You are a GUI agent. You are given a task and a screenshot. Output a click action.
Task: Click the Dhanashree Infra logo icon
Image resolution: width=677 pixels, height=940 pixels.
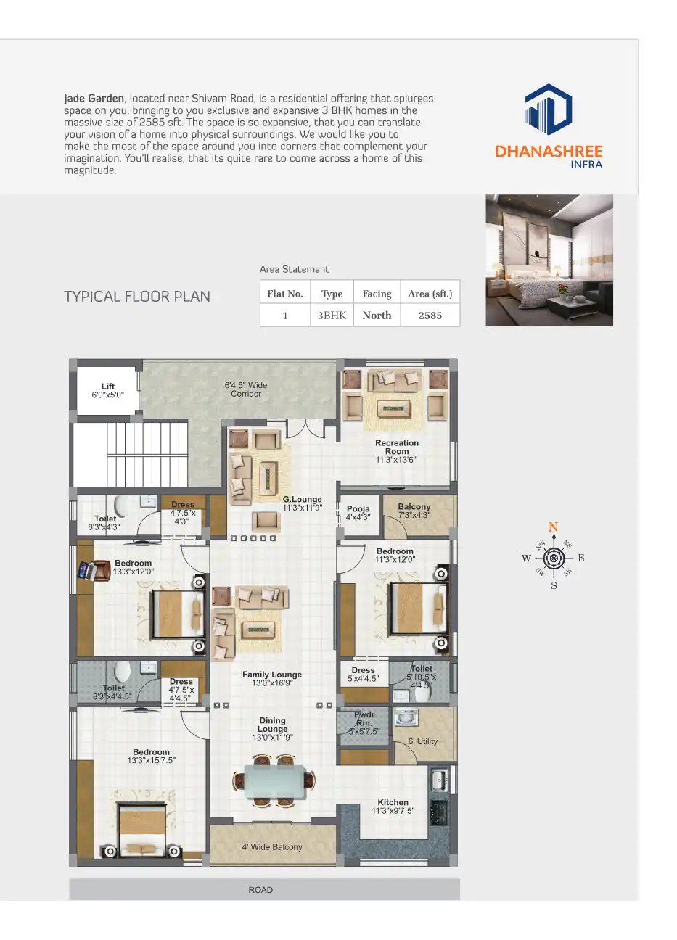[x=549, y=110]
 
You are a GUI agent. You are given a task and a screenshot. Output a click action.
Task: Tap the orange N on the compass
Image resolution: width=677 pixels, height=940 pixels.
[x=553, y=527]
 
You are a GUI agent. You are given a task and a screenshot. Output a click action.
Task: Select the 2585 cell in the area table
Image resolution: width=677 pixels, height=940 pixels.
[x=430, y=316]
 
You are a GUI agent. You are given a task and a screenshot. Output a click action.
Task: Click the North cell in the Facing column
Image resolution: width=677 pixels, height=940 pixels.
[x=377, y=316]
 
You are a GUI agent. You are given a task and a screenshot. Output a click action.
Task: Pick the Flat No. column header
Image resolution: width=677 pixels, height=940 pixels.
[x=284, y=294]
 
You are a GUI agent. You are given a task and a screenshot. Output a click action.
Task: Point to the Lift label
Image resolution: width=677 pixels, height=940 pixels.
[x=108, y=387]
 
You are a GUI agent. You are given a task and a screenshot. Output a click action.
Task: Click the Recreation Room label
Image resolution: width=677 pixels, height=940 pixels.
[x=396, y=447]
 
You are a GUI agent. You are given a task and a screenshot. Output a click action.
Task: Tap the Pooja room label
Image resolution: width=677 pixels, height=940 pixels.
[x=358, y=509]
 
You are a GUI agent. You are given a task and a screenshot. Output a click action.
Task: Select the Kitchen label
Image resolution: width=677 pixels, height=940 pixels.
[x=393, y=802]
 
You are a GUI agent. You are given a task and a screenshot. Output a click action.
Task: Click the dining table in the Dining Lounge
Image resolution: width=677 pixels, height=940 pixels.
[x=274, y=780]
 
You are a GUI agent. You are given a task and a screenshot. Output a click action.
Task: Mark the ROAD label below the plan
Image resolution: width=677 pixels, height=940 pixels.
[x=260, y=890]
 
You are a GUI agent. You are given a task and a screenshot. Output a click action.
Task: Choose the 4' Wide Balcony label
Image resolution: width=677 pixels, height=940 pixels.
[x=272, y=847]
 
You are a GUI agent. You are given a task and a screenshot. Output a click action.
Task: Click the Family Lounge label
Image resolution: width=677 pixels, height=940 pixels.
[x=272, y=675]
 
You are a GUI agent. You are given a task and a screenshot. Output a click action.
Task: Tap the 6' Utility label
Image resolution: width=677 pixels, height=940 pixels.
[x=422, y=741]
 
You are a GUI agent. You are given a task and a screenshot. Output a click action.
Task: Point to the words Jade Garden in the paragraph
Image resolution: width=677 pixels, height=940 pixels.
[x=94, y=99]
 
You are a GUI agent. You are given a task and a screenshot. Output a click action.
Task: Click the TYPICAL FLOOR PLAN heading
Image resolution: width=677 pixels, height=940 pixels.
[x=137, y=297]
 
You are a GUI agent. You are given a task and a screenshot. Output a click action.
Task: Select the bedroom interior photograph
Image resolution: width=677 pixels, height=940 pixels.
[x=549, y=260]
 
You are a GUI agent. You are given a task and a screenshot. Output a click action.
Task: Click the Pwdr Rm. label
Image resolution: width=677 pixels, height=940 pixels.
[x=364, y=719]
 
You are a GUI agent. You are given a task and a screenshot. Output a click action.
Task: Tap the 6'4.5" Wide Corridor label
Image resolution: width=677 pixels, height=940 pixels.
[x=246, y=389]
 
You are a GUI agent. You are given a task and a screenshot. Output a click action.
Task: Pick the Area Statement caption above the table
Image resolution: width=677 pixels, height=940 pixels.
[x=294, y=269]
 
